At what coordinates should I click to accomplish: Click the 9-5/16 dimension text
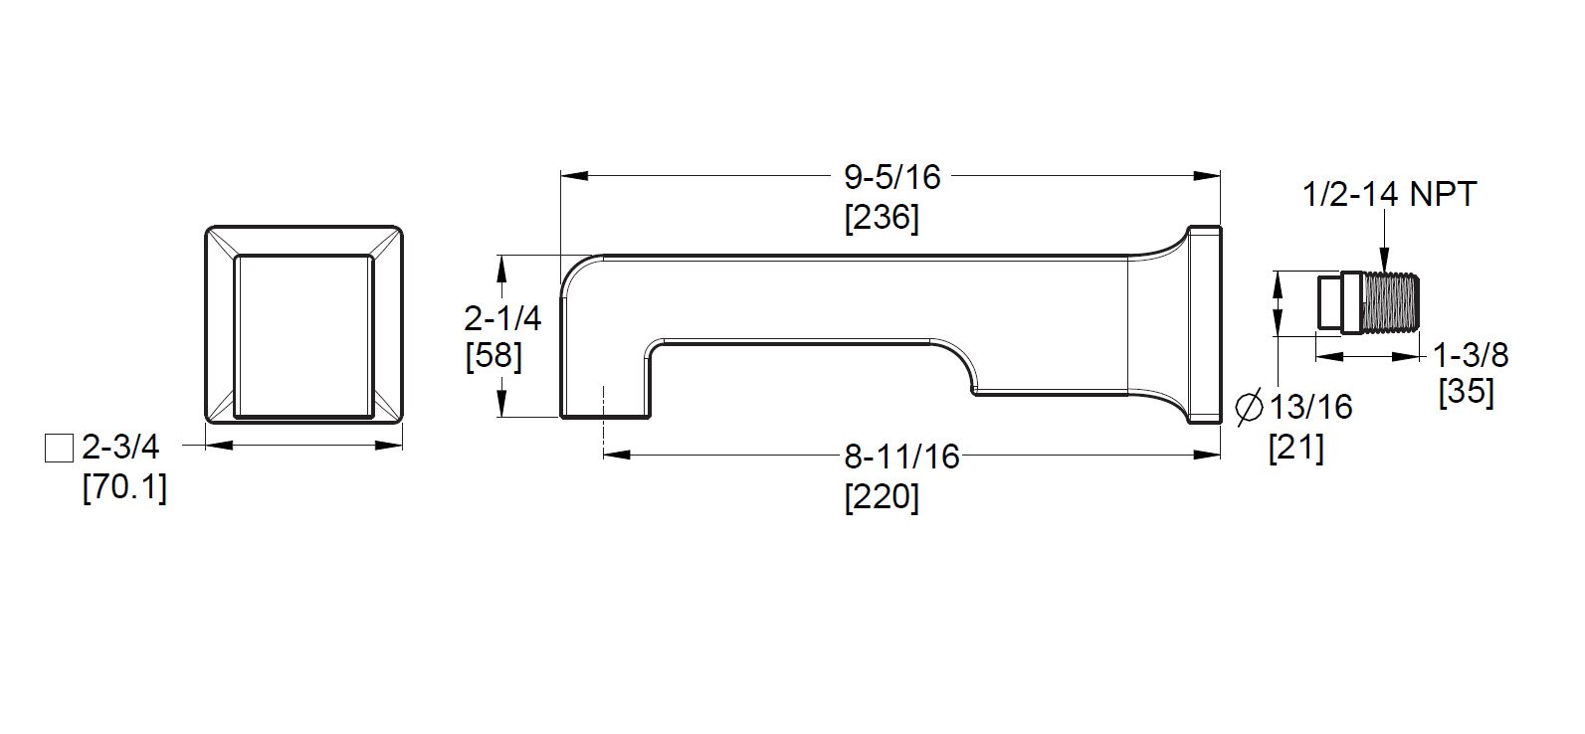(892, 177)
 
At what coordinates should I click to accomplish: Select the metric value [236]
(882, 218)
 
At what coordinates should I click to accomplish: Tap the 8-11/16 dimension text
(901, 457)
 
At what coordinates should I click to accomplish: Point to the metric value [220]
(882, 498)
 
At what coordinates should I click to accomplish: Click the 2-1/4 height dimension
(502, 318)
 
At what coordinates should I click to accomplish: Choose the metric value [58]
(494, 356)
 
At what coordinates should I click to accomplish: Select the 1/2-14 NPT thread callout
(1390, 195)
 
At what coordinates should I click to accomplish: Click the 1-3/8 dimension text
(1471, 355)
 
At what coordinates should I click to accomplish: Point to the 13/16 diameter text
(1311, 408)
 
